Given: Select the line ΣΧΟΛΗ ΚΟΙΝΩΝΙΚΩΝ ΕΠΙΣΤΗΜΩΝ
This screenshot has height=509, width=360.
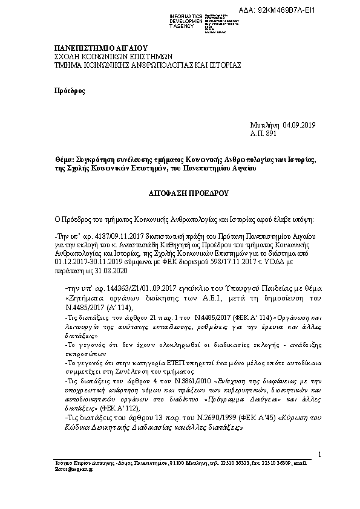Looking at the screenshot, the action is click(106, 56).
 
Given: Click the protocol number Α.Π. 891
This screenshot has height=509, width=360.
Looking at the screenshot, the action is click(263, 132).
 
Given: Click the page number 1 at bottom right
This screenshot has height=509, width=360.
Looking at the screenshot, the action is click(319, 454).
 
